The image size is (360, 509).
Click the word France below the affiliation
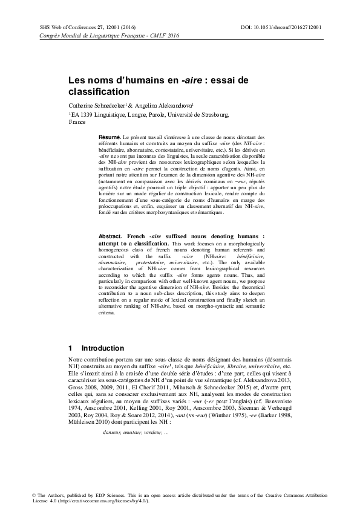(77, 122)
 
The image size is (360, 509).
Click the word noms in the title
(99, 80)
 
